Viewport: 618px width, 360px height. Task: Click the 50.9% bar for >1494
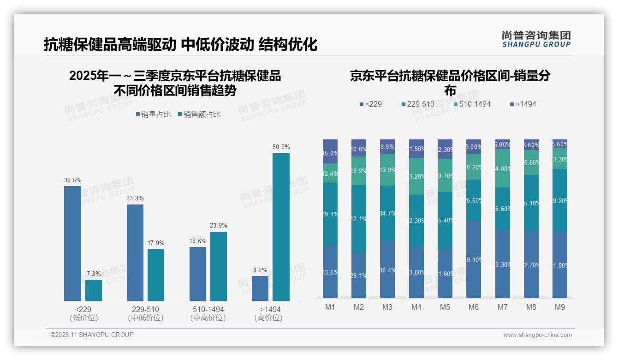click(281, 227)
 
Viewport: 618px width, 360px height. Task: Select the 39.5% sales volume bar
click(72, 243)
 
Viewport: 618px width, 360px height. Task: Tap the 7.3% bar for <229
click(94, 290)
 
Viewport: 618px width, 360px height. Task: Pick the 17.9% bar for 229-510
click(156, 275)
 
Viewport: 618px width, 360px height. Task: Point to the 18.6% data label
click(198, 241)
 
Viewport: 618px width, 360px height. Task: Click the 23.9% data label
click(219, 225)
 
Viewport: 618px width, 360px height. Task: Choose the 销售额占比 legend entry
click(199, 114)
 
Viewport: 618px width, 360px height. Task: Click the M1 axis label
click(330, 307)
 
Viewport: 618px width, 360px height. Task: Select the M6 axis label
click(474, 307)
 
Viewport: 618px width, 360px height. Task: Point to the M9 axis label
click(559, 307)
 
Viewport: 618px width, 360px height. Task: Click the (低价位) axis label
click(83, 318)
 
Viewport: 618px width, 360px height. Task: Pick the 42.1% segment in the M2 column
click(359, 219)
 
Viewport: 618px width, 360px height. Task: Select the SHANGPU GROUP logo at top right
click(536, 39)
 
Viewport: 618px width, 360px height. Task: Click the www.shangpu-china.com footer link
click(537, 335)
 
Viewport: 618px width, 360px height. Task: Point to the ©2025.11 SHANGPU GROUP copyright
click(92, 335)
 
